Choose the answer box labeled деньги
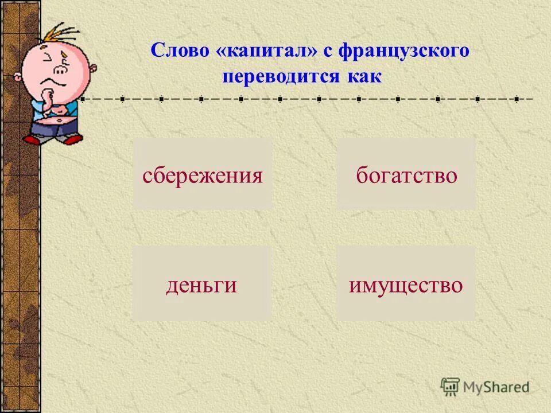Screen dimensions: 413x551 pos(201,285)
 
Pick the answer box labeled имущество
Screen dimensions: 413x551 pos(406,285)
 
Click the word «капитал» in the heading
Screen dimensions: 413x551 pos(267,52)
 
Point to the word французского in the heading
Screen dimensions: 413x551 pos(404,52)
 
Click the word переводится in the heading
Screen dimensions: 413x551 pos(281,76)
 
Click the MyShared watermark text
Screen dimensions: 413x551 pos(496,387)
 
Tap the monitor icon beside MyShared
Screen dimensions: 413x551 pos(450,386)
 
